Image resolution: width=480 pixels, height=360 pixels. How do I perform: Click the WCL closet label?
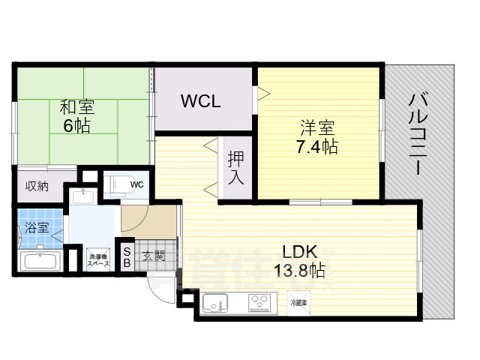coord(201,100)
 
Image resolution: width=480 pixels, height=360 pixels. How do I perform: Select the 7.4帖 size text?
coord(316,145)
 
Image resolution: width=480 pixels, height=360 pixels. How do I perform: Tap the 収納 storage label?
coord(37,186)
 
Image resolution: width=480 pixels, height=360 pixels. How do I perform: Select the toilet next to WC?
coord(118,184)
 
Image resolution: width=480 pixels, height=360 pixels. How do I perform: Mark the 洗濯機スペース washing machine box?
coord(98,259)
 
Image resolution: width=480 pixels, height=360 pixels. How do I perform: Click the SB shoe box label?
coord(127,257)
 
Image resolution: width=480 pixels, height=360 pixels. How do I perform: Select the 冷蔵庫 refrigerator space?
coord(298,302)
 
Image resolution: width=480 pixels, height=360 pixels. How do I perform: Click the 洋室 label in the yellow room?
coord(316,127)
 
